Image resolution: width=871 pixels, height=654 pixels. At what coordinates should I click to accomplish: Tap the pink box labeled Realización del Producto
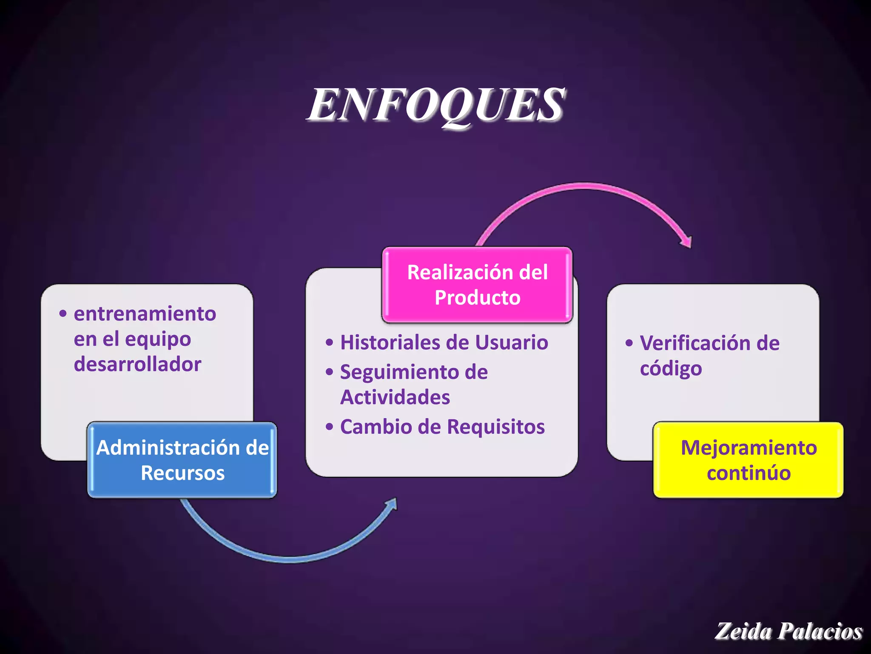(477, 284)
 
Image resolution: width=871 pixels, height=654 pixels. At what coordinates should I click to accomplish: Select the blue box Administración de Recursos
(182, 460)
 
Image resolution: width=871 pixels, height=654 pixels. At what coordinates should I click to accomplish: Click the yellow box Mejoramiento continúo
(749, 460)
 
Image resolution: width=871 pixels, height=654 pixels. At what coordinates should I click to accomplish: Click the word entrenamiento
(145, 314)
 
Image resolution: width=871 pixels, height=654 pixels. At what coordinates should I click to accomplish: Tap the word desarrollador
(137, 364)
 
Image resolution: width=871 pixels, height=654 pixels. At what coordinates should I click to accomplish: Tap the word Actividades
(395, 397)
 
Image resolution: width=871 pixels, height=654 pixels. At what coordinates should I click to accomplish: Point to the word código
(671, 369)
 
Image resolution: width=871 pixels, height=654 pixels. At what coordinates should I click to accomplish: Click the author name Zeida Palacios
(788, 631)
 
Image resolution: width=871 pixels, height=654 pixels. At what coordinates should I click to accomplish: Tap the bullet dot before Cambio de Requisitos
(329, 427)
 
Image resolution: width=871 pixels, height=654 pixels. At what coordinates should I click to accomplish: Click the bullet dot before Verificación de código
(629, 343)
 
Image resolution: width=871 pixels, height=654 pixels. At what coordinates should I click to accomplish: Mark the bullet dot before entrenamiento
(63, 314)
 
